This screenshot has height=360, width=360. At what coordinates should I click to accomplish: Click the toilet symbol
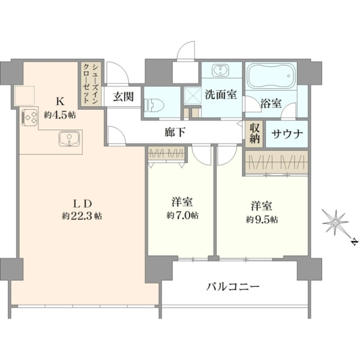tap(154, 106)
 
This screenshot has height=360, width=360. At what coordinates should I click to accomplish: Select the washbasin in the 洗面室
tap(221, 70)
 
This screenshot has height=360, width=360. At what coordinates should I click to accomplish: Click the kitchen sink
tap(70, 139)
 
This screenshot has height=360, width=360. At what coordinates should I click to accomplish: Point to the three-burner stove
tap(29, 118)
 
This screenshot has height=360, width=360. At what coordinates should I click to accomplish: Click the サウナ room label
tap(287, 134)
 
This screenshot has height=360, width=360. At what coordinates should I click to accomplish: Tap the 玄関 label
tap(123, 97)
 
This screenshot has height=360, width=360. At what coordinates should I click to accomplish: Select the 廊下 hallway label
tap(175, 132)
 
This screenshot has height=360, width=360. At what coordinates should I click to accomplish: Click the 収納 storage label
tap(255, 134)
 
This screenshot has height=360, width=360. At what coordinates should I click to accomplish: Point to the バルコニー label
tap(233, 287)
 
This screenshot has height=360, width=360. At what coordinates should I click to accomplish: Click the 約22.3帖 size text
tap(82, 216)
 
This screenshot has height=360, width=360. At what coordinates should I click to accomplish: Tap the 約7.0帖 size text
tap(182, 215)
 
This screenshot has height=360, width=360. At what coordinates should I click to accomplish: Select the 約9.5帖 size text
tap(262, 220)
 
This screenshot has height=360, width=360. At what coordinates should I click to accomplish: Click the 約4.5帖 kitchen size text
tap(60, 115)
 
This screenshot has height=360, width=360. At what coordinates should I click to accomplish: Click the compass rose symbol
tap(335, 223)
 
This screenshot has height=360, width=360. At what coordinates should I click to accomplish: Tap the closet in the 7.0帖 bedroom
tap(166, 154)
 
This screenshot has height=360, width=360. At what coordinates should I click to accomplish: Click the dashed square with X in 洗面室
tap(193, 96)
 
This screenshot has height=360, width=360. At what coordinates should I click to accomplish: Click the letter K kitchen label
tap(60, 101)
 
